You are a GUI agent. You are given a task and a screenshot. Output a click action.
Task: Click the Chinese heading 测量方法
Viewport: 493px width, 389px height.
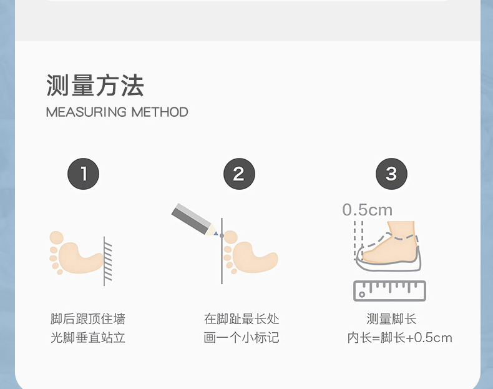(x=95, y=85)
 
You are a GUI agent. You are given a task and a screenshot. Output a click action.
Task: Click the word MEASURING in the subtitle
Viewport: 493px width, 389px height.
(x=86, y=112)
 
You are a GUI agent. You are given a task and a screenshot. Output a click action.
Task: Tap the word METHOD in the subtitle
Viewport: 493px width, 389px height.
(x=160, y=112)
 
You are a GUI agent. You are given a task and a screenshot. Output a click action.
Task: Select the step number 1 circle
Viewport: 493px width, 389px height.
(x=84, y=174)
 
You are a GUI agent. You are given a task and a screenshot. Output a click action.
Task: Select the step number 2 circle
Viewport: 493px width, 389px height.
(x=239, y=174)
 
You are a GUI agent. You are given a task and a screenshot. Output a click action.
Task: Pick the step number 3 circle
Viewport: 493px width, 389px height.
(x=391, y=174)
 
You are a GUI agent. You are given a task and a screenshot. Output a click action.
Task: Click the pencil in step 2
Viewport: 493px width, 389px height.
(x=194, y=219)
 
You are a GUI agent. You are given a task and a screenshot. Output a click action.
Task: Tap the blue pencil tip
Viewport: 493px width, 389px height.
(x=216, y=234)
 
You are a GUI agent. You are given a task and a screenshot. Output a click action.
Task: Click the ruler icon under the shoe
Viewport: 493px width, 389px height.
(x=389, y=290)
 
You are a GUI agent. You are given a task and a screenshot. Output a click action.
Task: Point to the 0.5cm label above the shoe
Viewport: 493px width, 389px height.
(x=367, y=210)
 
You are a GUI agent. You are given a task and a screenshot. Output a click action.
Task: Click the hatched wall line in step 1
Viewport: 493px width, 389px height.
(x=107, y=261)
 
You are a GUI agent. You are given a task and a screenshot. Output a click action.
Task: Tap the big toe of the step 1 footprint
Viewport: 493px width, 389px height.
(x=57, y=238)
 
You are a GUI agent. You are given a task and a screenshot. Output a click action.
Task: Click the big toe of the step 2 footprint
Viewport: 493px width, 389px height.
(x=231, y=237)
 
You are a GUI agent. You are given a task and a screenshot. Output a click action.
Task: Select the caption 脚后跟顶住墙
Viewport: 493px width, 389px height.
(x=88, y=319)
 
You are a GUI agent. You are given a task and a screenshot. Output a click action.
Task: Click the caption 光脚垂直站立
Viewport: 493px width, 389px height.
(x=88, y=337)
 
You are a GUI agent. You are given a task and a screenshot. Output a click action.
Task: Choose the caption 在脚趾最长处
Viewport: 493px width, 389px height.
(x=242, y=319)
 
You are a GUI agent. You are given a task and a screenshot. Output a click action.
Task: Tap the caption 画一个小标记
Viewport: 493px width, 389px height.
(x=242, y=337)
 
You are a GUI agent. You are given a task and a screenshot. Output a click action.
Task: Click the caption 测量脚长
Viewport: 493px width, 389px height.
(x=391, y=319)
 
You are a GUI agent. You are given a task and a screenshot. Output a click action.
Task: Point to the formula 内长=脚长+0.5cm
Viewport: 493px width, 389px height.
(x=399, y=337)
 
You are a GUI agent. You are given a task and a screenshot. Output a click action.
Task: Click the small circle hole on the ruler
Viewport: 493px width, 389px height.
(x=362, y=295)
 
